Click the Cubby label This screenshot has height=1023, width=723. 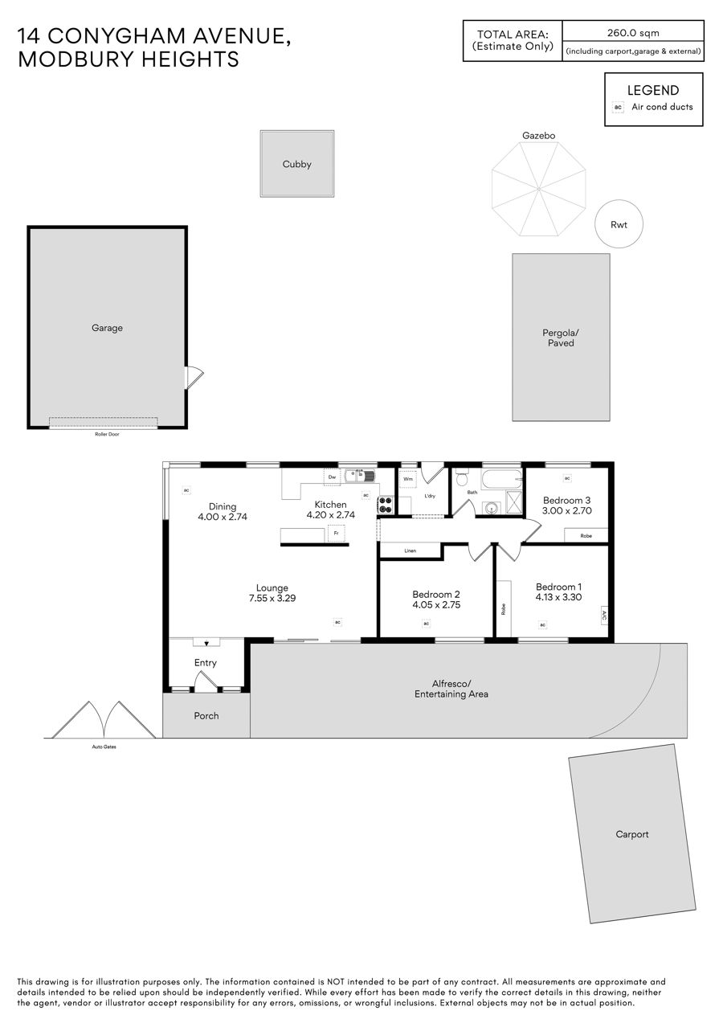tap(296, 165)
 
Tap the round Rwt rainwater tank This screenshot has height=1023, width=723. tap(619, 224)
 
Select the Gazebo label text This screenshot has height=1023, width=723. tap(538, 136)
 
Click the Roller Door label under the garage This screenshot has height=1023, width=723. tap(108, 434)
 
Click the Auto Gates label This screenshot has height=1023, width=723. tap(104, 747)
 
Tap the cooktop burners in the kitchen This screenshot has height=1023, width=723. tap(386, 505)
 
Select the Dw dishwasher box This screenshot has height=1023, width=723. tap(333, 477)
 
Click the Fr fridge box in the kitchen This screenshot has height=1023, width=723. tap(337, 534)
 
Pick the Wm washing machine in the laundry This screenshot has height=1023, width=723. tap(408, 479)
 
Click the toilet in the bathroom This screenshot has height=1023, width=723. tap(461, 477)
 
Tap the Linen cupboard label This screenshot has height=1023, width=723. tap(411, 550)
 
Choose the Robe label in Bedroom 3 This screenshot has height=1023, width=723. tap(586, 536)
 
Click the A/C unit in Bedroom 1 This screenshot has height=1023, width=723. tap(604, 616)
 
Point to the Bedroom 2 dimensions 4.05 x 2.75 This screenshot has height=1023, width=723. tap(436, 604)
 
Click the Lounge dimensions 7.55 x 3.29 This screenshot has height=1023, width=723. tap(272, 598)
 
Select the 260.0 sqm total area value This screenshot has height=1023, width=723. tap(633, 33)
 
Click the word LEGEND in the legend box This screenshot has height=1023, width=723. tap(653, 91)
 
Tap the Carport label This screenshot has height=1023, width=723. tap(632, 834)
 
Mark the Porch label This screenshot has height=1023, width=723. tap(206, 716)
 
